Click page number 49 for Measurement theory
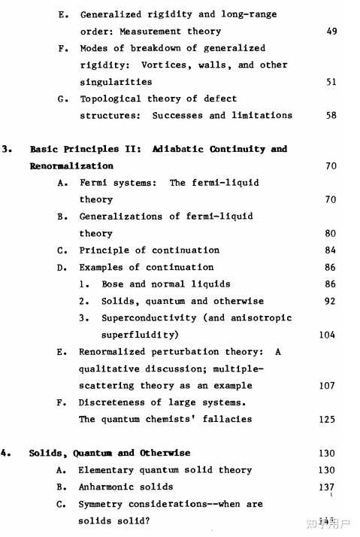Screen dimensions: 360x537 point(332,32)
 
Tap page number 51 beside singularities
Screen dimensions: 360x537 point(331,82)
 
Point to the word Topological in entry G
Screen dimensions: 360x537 point(110,99)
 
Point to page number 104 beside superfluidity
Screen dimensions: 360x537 point(327,335)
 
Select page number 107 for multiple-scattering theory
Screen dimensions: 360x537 point(327,386)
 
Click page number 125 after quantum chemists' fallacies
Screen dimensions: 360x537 point(327,420)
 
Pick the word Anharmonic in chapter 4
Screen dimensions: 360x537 point(107,487)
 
